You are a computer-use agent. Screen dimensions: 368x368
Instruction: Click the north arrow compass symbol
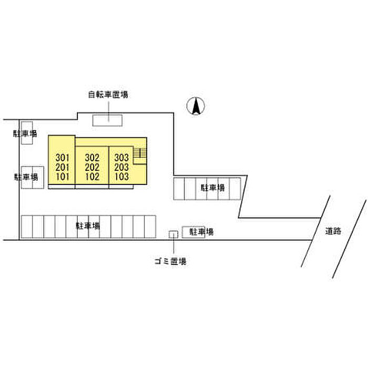pos(196,106)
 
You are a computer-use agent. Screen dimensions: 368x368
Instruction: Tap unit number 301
pos(63,158)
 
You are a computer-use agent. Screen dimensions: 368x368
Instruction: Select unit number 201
pos(63,167)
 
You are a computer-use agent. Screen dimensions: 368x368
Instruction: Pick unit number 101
pos(63,177)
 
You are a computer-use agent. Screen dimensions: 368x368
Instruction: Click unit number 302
pos(92,158)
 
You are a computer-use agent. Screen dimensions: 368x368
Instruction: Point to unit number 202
pos(92,167)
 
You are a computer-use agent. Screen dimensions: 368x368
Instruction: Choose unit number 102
pos(92,177)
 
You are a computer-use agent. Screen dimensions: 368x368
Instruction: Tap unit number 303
pos(121,158)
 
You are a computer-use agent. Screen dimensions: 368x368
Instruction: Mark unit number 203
pos(121,167)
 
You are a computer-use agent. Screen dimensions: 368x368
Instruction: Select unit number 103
pos(121,177)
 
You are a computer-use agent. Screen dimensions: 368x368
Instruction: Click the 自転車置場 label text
pos(108,95)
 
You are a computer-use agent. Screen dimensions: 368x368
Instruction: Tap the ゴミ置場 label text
pos(171,261)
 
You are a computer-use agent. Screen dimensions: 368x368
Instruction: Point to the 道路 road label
pos(333,231)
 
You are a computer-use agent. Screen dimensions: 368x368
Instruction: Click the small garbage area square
pos(173,234)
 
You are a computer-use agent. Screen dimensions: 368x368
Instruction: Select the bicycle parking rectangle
pos(107,120)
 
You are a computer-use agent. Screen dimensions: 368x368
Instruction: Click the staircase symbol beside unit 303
pos(140,154)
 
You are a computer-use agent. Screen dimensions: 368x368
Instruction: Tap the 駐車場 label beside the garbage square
pos(201,232)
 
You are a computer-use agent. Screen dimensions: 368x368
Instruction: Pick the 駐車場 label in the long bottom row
pos(88,226)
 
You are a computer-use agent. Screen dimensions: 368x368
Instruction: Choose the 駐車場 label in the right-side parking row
pos(212,188)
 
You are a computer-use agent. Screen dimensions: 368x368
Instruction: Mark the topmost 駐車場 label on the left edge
pos(25,134)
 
